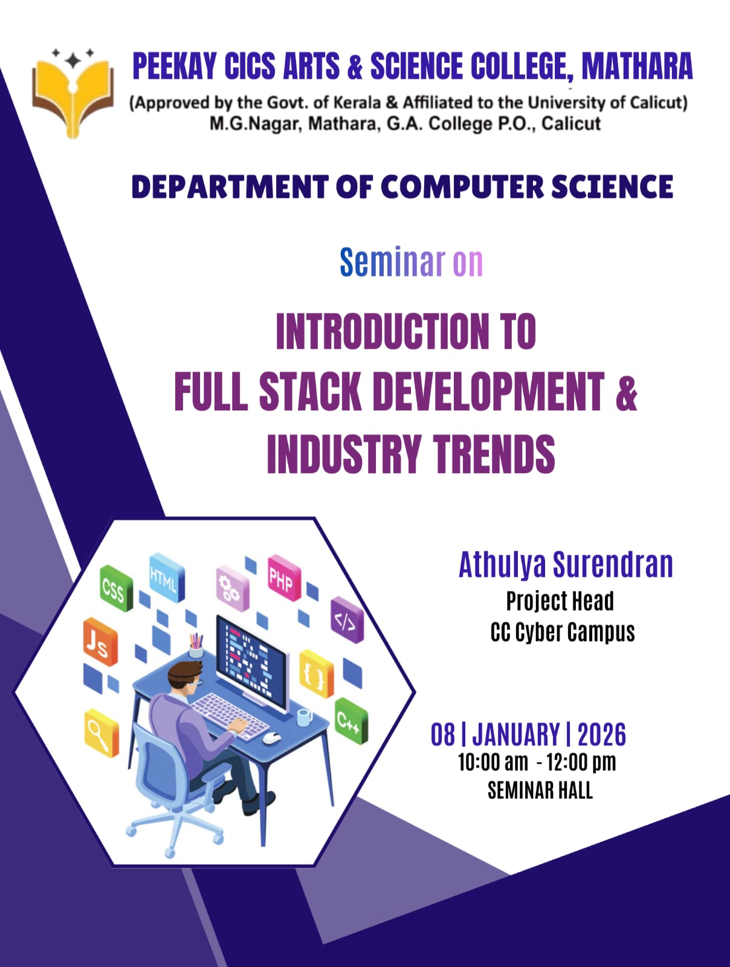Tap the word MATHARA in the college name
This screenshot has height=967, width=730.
coord(637,66)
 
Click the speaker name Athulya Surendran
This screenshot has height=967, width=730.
coord(566,564)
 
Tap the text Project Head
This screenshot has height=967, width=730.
coord(560,601)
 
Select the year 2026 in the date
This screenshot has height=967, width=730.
coord(601,734)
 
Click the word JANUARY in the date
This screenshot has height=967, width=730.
coord(515,734)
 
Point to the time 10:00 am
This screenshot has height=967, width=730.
coord(493,763)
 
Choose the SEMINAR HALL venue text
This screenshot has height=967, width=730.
coord(540,791)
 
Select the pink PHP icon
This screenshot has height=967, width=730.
coord(284,578)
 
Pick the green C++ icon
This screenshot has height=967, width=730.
coord(351,721)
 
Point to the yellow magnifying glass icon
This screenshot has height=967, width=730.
coord(102,734)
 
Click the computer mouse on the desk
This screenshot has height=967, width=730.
coord(272,738)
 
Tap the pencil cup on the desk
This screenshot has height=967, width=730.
coord(195,646)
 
